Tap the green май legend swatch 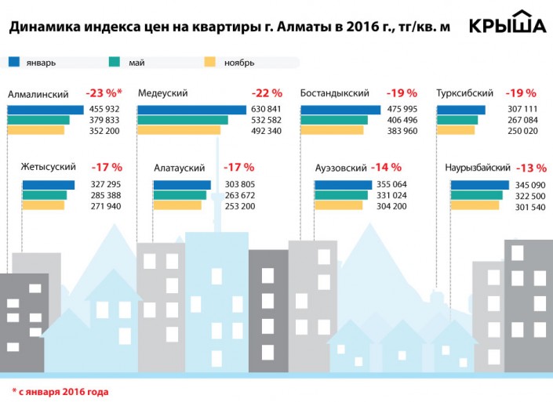[x=114, y=61]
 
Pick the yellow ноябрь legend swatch [x=209, y=61]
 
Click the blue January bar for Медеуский [x=192, y=109]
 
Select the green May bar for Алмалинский [x=38, y=120]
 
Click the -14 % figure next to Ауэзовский [x=386, y=167]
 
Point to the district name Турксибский [x=464, y=92]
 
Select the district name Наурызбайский [x=478, y=168]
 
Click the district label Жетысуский [x=49, y=168]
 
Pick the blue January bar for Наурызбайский [x=478, y=185]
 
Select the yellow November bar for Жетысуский [x=43, y=205]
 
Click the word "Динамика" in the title [x=38, y=27]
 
